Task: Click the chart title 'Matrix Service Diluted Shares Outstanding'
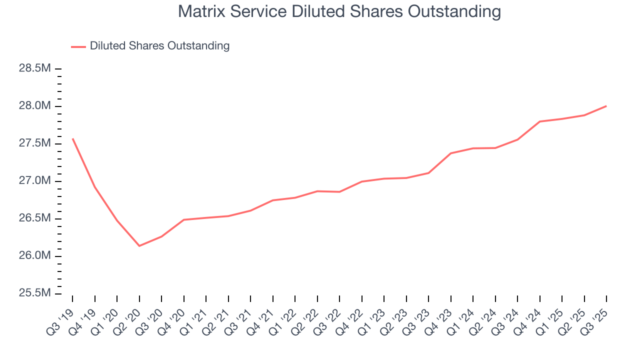click(x=339, y=12)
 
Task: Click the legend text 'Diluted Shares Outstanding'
click(x=159, y=46)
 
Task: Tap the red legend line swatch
click(x=78, y=46)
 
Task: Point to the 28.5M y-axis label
click(x=35, y=68)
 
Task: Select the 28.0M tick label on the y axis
click(x=35, y=106)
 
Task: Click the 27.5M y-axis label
click(x=35, y=143)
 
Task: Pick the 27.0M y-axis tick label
click(x=35, y=181)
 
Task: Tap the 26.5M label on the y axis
click(x=35, y=218)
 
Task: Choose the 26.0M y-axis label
click(x=35, y=256)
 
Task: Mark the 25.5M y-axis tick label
click(x=35, y=293)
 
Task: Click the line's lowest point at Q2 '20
click(x=139, y=245)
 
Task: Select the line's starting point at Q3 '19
click(x=72, y=138)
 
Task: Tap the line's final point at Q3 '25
click(x=606, y=106)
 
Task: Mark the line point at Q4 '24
click(x=540, y=121)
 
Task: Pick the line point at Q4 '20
click(x=183, y=219)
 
